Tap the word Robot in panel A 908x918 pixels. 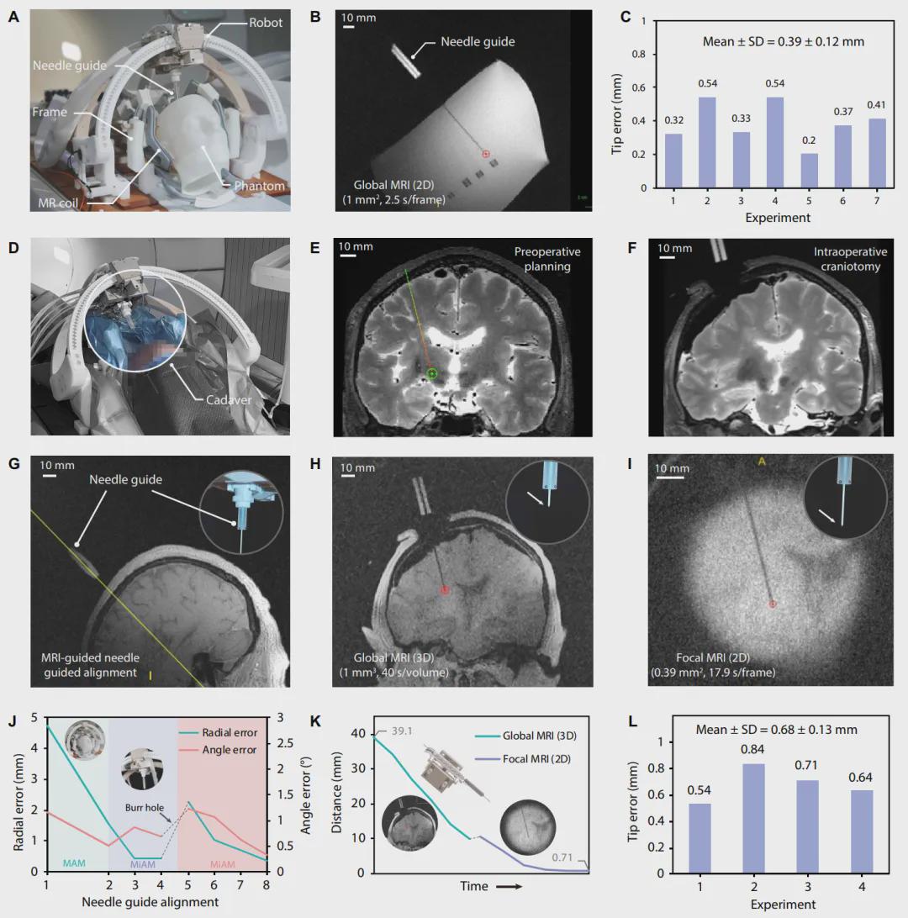[266, 23]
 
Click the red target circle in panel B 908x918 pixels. [485, 154]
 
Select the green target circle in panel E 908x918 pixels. [432, 373]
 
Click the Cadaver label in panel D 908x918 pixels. [230, 400]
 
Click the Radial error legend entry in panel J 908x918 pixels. [228, 733]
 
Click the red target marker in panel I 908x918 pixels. [773, 604]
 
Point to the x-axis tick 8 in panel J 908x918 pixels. [267, 887]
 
